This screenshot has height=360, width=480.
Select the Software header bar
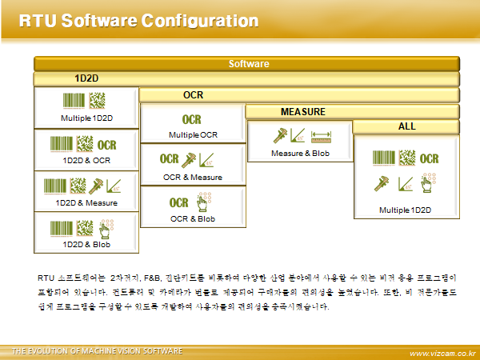click(x=248, y=63)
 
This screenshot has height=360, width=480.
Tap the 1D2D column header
click(x=86, y=79)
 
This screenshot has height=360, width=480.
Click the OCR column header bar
click(x=193, y=95)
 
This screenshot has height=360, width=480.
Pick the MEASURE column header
click(x=302, y=111)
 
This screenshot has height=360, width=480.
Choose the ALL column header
click(x=406, y=126)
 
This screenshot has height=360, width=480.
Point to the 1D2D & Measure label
click(x=86, y=202)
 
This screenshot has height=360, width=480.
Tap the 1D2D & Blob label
click(x=86, y=244)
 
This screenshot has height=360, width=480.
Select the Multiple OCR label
click(x=193, y=134)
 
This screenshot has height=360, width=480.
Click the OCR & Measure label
click(x=193, y=177)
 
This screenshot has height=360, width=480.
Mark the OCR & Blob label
click(x=193, y=218)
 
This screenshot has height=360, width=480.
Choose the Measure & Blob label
click(x=300, y=153)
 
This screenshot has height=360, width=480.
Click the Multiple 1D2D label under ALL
click(x=405, y=210)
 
